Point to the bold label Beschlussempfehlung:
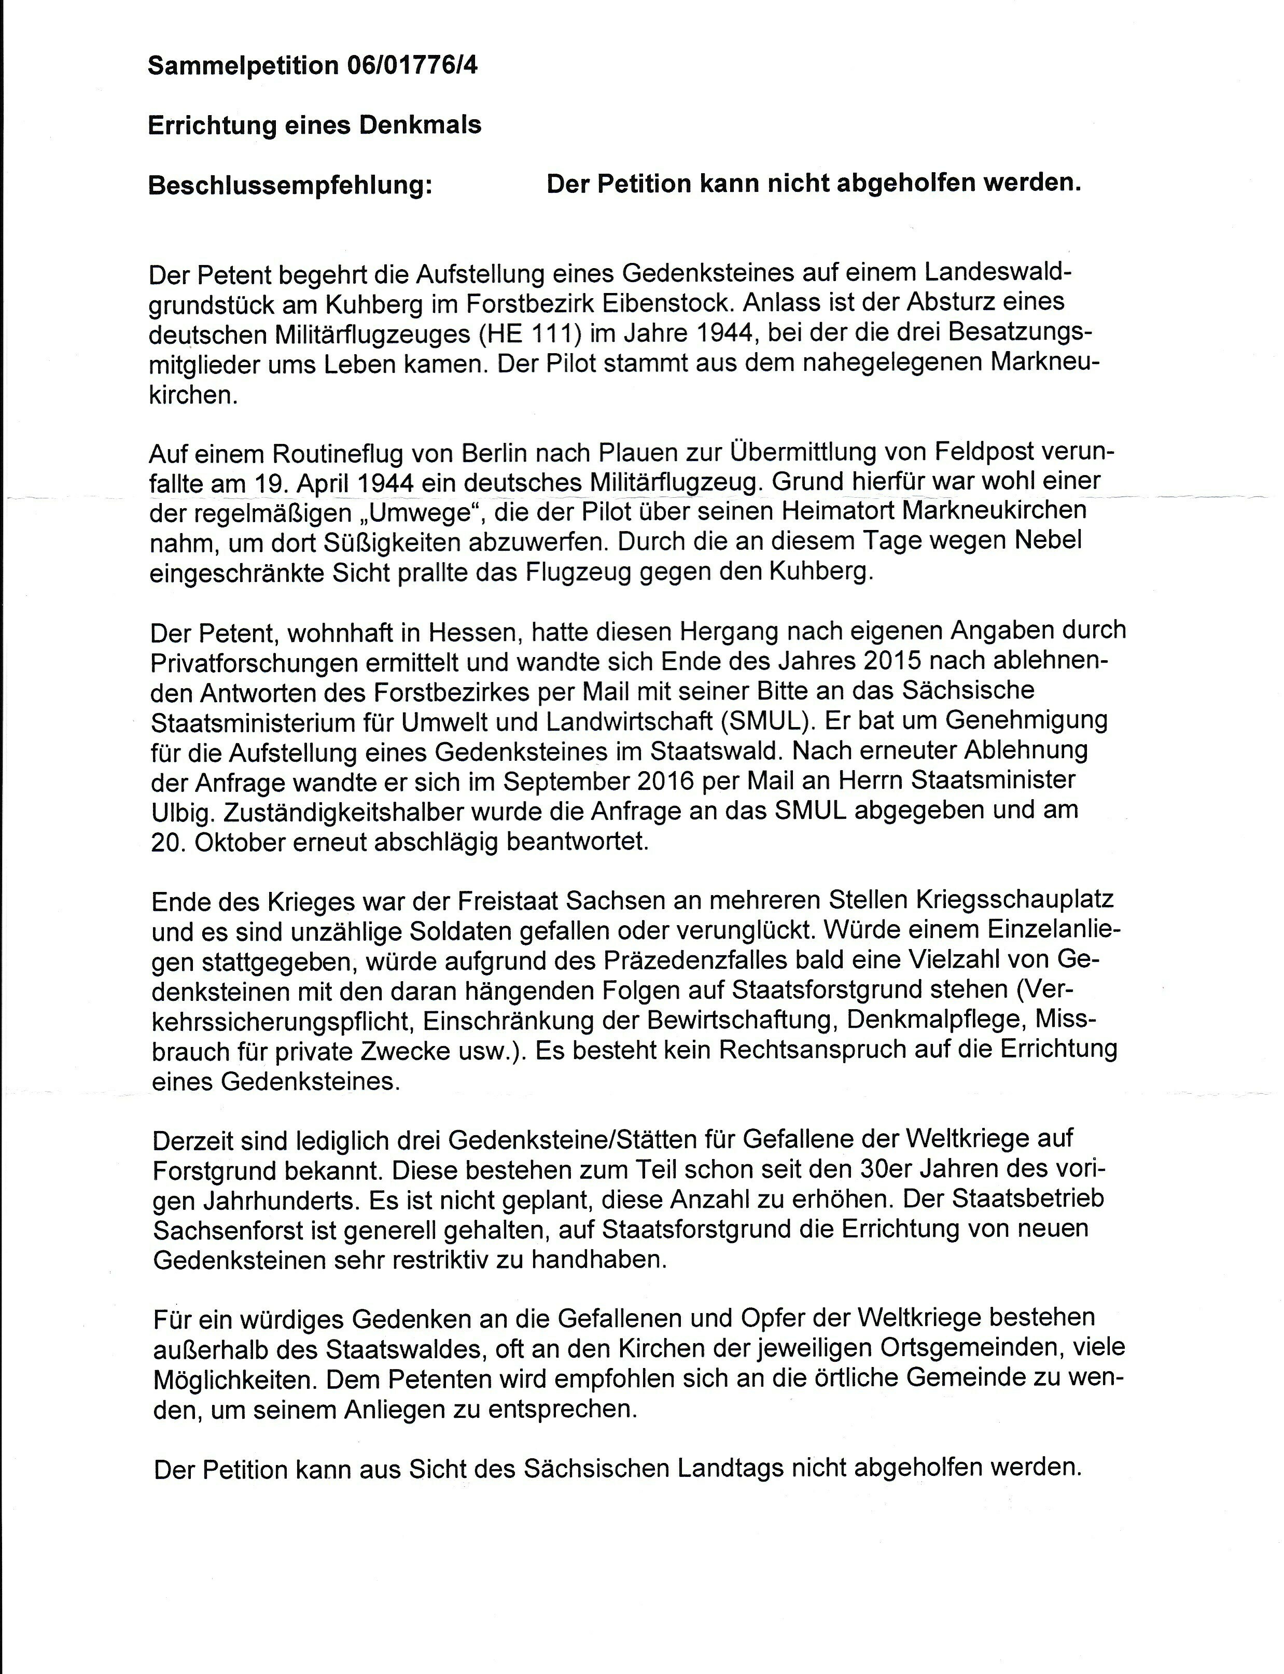(x=290, y=185)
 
